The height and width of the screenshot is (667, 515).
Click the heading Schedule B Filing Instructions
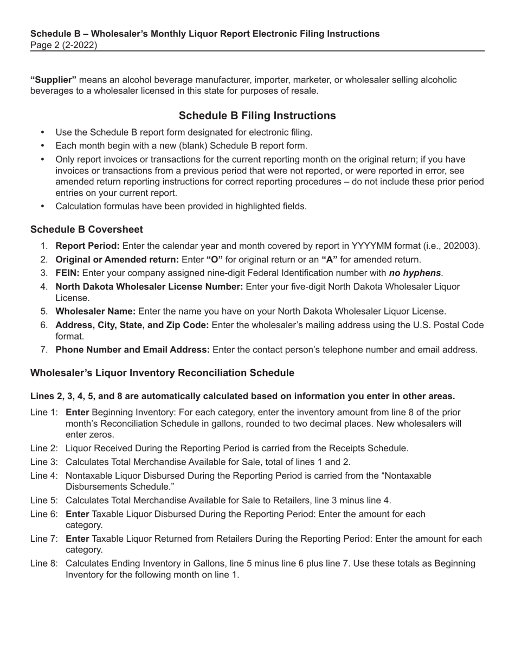coord(257,116)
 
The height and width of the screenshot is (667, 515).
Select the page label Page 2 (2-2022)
coord(64,46)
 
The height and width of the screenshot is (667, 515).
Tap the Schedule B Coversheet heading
coord(87,229)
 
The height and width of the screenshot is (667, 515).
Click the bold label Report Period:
coord(88,245)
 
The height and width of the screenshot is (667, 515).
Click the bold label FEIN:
coord(68,272)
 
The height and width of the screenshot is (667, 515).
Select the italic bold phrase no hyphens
coord(415,272)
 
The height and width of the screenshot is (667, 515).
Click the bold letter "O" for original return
coord(215,259)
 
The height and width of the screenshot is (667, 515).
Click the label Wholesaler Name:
coord(96,311)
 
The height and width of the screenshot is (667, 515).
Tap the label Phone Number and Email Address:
coord(133,350)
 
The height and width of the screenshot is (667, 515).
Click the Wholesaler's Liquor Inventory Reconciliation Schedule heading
coord(162,373)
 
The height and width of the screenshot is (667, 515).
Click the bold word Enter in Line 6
coord(77,514)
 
